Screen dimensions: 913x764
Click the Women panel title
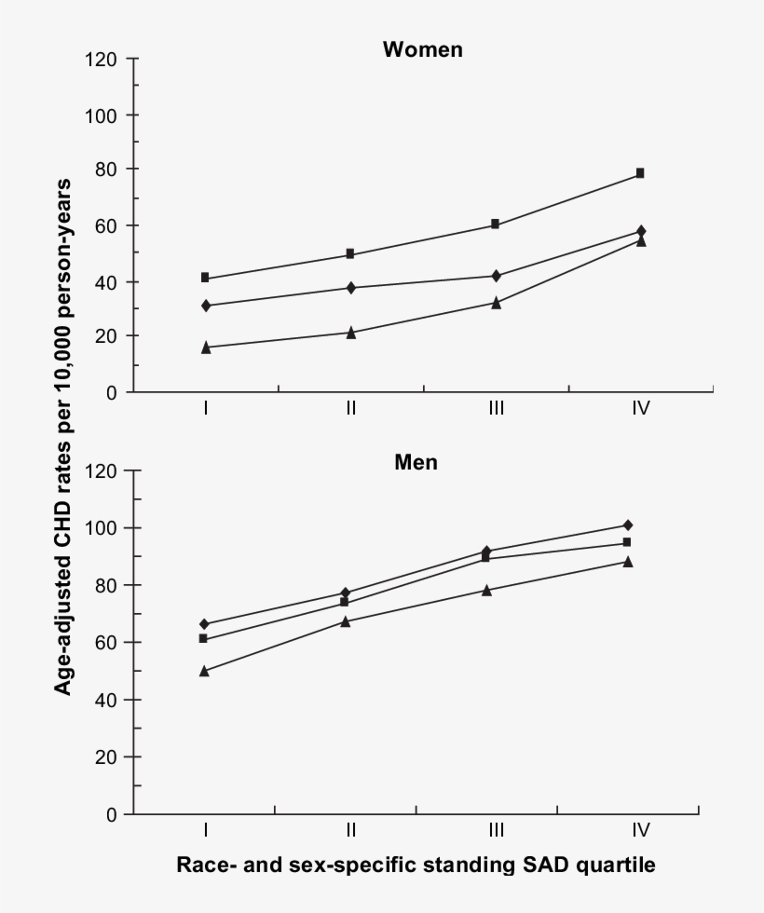422,49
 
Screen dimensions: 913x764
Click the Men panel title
416,461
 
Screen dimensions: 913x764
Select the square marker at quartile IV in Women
640,173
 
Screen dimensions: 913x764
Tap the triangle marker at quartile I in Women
205,347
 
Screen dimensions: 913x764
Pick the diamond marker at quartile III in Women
496,276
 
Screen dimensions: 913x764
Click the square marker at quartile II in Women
350,253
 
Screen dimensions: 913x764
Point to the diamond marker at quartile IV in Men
628,525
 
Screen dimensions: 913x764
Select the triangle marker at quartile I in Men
204,671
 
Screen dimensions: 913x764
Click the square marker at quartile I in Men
204,638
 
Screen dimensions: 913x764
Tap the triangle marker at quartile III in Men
486,590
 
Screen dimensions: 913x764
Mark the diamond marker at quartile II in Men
345,593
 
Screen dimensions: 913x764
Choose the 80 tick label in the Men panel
103,585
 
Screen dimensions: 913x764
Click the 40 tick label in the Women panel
103,281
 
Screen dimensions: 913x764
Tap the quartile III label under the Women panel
496,408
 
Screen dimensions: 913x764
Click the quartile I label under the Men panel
204,829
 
